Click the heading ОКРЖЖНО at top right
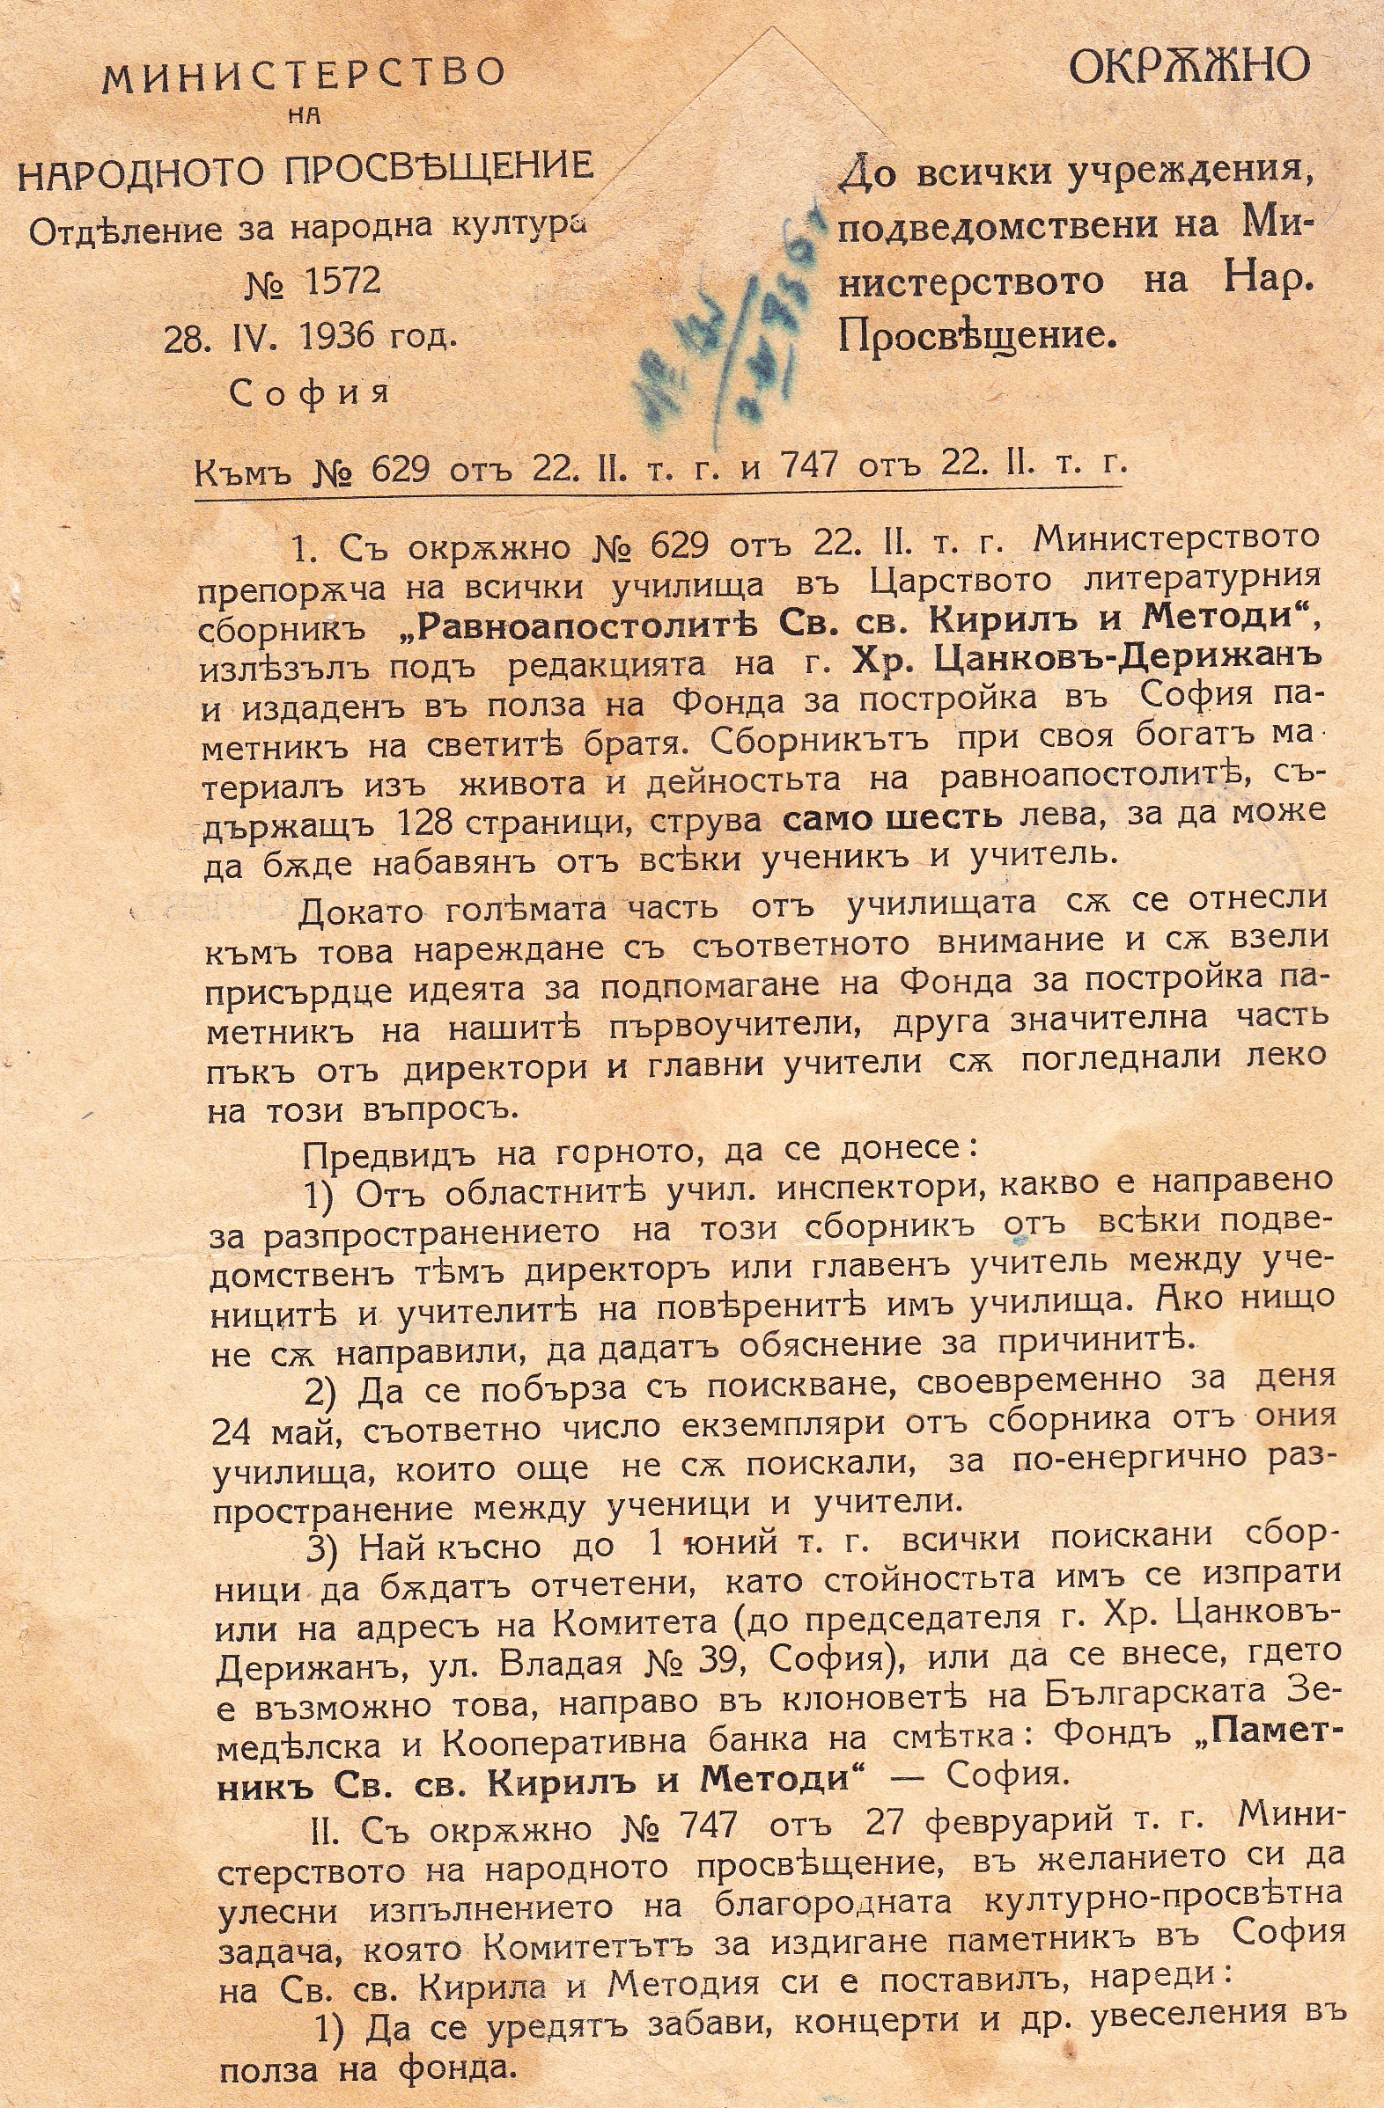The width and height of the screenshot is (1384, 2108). (x=1189, y=65)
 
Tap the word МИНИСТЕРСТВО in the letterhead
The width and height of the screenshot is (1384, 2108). (x=304, y=77)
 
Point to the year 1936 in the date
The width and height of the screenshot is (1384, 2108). (x=350, y=338)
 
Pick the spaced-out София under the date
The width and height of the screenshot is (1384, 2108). (x=309, y=392)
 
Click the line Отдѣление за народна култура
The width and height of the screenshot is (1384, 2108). (x=307, y=229)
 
